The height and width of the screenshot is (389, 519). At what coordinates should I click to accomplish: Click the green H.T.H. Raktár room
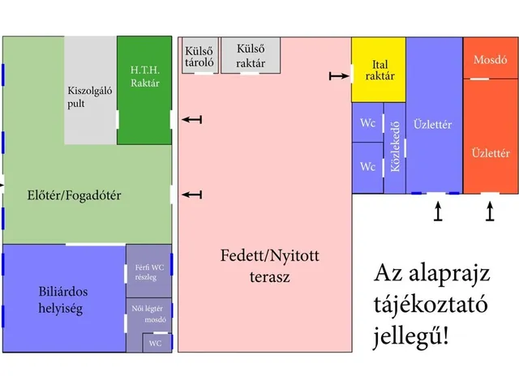click(x=144, y=89)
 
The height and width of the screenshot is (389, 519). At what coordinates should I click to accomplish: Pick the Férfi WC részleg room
click(x=148, y=271)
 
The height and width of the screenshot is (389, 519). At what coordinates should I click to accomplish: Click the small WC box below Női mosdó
click(x=157, y=343)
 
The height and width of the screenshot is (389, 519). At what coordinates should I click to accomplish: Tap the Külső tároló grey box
click(x=199, y=55)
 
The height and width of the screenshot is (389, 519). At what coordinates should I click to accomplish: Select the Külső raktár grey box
click(x=250, y=54)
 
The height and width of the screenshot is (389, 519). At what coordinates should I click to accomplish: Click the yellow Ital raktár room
click(x=379, y=70)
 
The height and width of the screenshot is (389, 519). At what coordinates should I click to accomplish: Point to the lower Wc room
click(x=367, y=167)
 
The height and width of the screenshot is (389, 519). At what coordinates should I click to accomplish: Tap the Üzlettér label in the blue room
click(x=432, y=125)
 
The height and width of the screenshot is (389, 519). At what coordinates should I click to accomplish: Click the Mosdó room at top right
click(x=490, y=59)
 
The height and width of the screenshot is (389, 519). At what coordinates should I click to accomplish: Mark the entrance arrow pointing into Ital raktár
click(x=338, y=76)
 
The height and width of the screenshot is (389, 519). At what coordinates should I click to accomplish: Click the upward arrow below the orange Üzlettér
click(x=489, y=212)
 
